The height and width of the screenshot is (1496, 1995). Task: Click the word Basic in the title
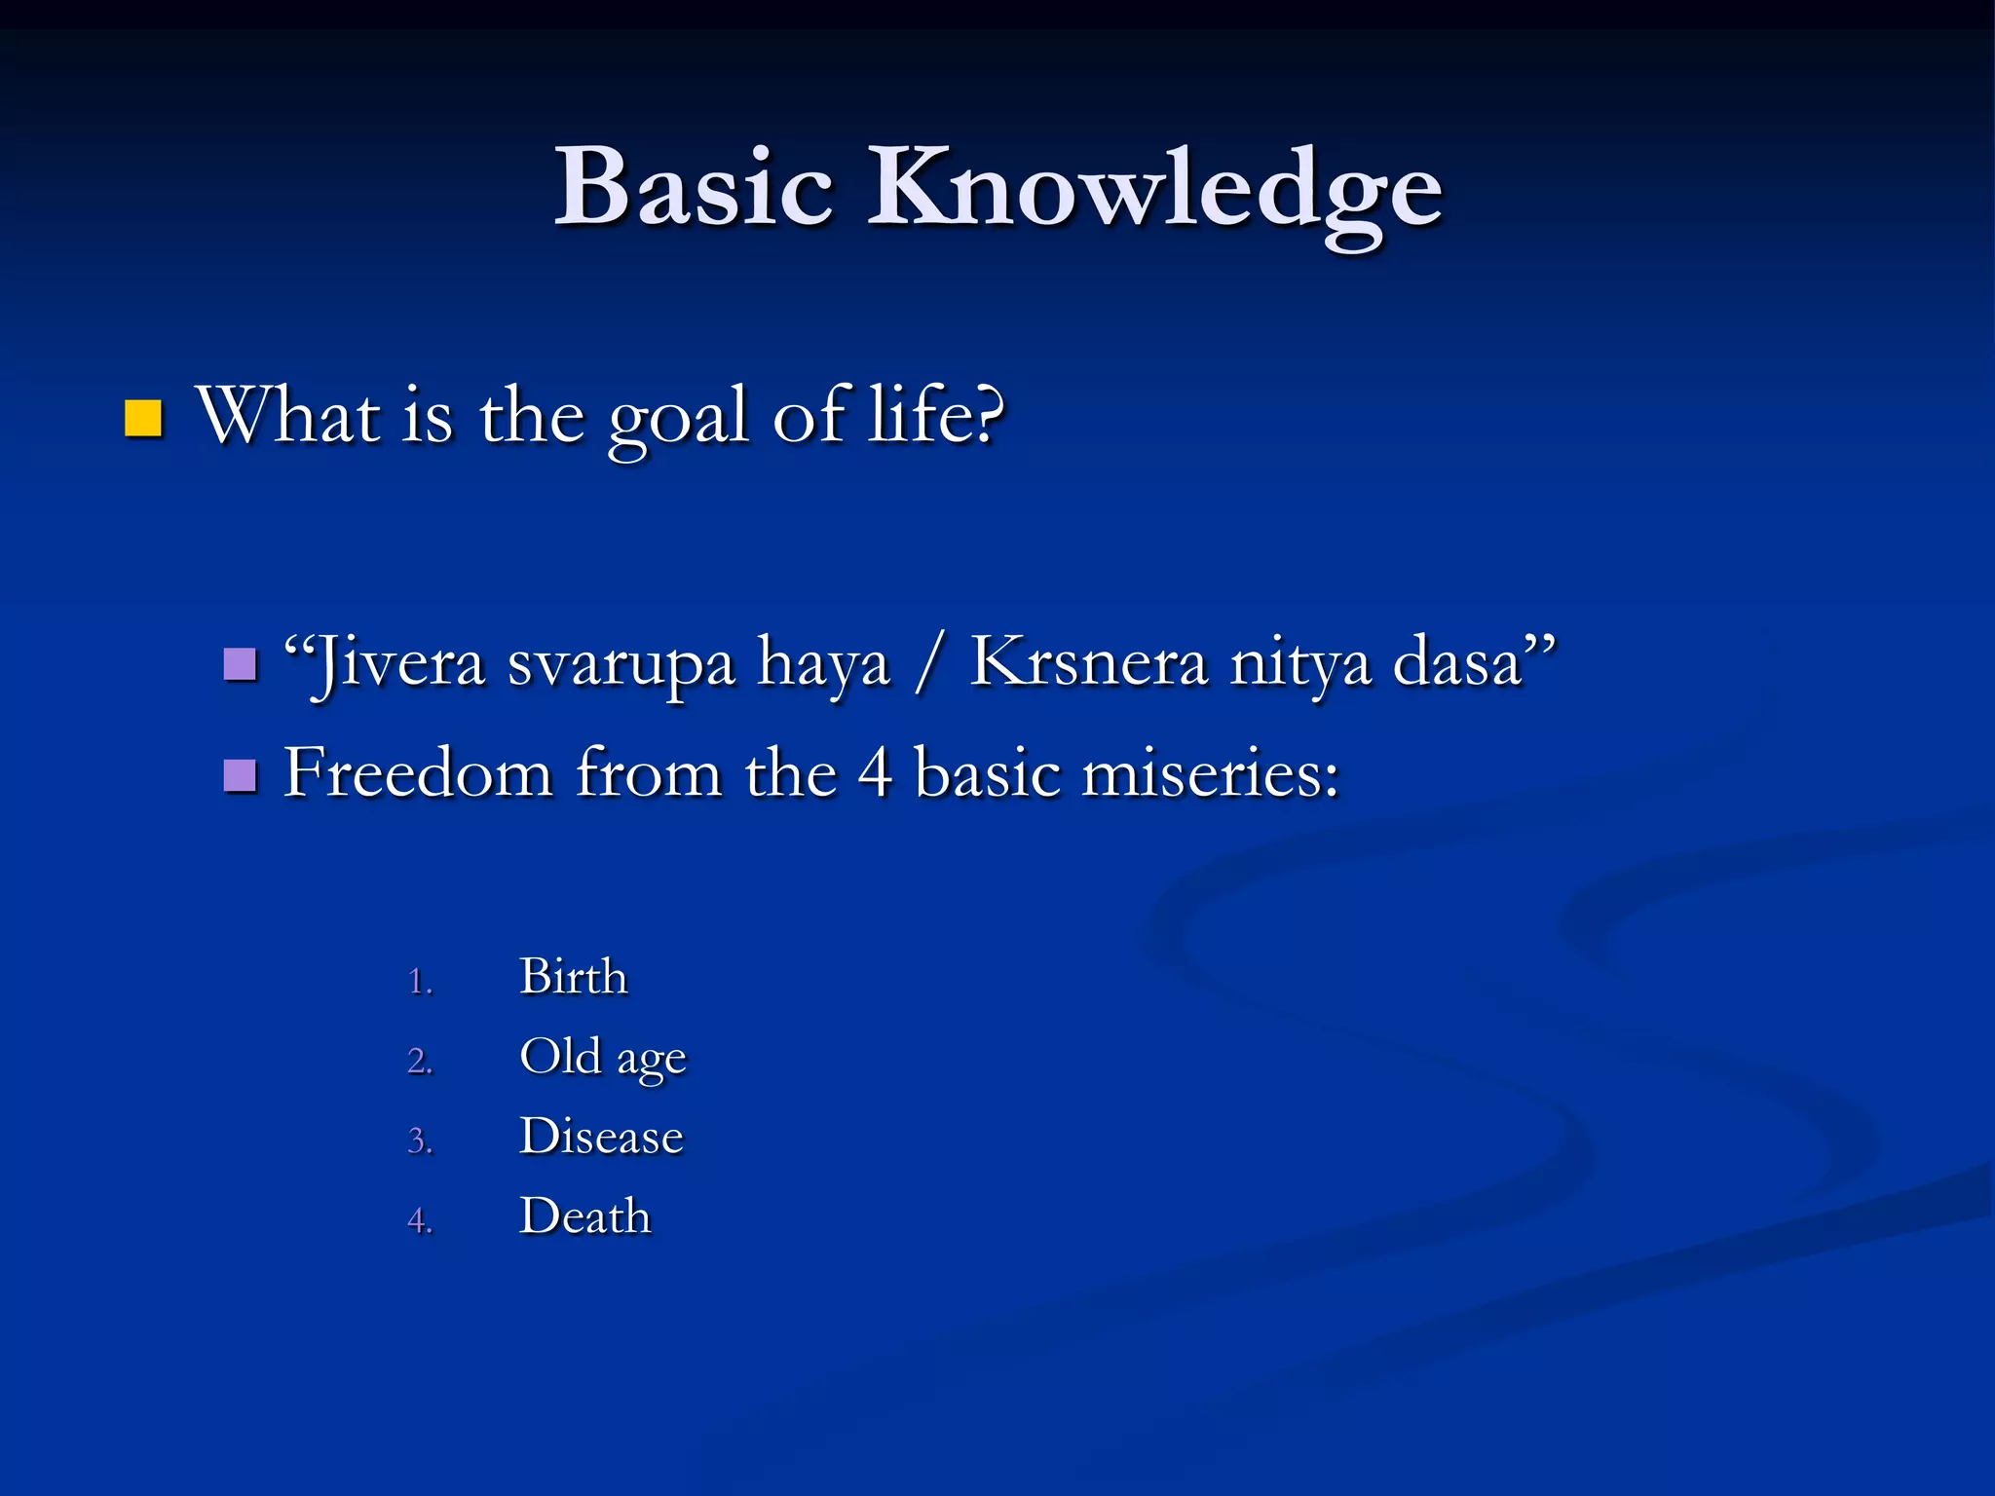[694, 187]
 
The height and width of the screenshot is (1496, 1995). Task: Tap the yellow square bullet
[143, 418]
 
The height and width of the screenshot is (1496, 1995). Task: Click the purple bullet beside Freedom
[240, 776]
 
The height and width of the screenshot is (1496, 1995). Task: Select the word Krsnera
[1089, 662]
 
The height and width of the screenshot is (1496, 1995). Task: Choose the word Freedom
[419, 773]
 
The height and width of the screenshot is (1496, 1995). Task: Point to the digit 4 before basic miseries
[875, 773]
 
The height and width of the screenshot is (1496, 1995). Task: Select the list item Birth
[574, 977]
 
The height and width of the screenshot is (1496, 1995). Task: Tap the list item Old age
[603, 1058]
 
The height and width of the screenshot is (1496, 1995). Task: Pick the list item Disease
[601, 1137]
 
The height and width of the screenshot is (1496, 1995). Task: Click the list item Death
[584, 1216]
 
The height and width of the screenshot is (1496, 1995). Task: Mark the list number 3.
[419, 1141]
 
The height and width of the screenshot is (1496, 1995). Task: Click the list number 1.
[419, 981]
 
